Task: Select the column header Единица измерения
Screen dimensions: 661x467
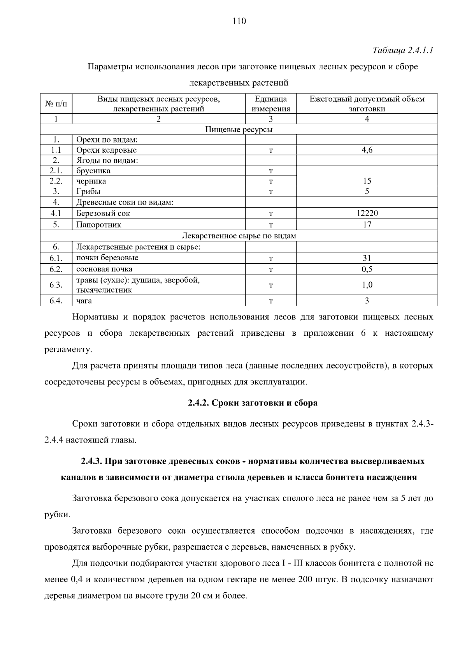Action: point(270,104)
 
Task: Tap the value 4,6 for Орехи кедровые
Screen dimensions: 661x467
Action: point(367,150)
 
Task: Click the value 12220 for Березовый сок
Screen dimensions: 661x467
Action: point(367,213)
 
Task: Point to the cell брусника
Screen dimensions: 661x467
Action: point(93,171)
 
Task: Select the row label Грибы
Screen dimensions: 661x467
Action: point(88,191)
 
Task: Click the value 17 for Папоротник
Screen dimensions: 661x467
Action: point(367,224)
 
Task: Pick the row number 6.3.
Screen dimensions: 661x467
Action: point(56,285)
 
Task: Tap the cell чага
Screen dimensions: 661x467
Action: point(84,300)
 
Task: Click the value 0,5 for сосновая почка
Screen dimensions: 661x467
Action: point(367,269)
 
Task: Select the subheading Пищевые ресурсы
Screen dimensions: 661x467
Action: point(239,129)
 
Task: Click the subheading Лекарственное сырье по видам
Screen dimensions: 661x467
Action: point(239,236)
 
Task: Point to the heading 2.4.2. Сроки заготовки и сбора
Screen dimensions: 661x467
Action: point(253,403)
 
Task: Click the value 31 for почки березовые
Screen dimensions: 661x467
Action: point(367,258)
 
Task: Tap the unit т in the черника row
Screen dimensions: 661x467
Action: point(270,181)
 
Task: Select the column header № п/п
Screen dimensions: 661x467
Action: point(56,104)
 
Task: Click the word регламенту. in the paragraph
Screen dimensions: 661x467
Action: point(68,349)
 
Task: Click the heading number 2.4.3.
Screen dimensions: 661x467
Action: point(91,461)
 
